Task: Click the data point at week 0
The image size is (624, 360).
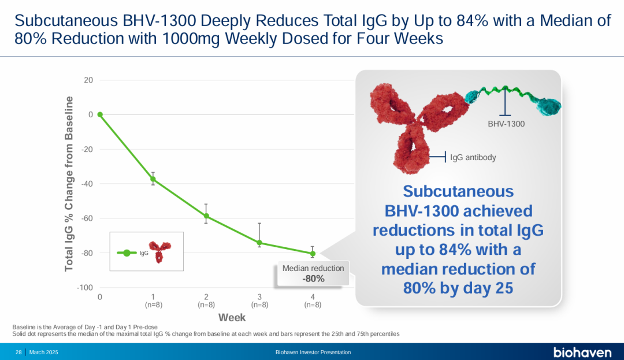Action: (100, 114)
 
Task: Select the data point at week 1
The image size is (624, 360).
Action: (153, 179)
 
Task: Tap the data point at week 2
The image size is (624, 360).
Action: (206, 216)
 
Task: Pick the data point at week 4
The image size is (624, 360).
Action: (313, 253)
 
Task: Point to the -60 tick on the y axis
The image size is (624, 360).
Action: (86, 218)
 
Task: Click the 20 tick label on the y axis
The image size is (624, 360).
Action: (88, 80)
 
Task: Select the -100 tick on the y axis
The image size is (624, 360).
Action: (85, 288)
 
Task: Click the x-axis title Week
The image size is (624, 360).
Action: (232, 317)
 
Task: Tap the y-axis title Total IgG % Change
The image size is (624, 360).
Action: (69, 184)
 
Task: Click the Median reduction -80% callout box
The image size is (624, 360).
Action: (313, 273)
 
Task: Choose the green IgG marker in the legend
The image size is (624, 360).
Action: (127, 253)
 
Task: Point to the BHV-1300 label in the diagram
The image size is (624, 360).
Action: (506, 124)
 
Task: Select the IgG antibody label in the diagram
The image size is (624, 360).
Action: (473, 157)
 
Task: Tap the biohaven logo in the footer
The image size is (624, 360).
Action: (582, 352)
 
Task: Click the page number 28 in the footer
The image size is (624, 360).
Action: (18, 352)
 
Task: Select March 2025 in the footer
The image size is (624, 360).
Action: (43, 352)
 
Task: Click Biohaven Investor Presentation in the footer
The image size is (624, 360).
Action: (313, 352)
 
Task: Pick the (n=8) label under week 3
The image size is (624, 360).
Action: (259, 305)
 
